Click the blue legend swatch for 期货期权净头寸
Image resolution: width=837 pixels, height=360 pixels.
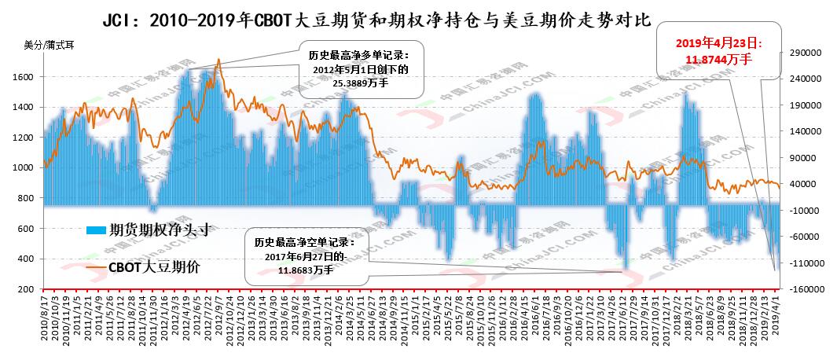(x=96, y=230)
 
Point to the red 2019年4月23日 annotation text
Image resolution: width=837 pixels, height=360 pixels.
(x=721, y=50)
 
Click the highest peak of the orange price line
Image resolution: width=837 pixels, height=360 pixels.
(x=218, y=59)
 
